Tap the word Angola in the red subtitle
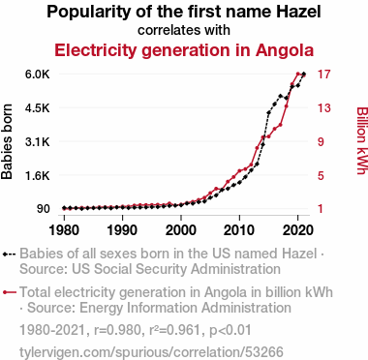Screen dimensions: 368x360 285,50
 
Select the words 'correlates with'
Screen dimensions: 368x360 184,30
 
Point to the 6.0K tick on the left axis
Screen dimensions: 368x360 38,75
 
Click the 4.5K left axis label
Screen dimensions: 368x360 38,107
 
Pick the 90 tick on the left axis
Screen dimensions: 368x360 44,209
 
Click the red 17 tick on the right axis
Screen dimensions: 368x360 324,75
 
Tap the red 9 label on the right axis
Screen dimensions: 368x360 321,141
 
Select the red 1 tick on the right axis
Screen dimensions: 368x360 321,209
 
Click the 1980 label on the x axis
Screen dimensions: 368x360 64,230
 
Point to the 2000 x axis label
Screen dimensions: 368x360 181,230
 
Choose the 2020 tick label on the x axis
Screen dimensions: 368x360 297,230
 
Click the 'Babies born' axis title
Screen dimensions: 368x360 7,141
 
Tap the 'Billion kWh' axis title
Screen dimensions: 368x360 362,140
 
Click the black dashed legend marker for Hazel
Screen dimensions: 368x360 9,254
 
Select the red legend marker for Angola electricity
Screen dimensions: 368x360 9,292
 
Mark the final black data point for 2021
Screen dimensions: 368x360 304,75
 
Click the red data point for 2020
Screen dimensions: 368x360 297,75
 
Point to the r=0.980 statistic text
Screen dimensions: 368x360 117,330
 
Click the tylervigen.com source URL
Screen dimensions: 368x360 151,352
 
